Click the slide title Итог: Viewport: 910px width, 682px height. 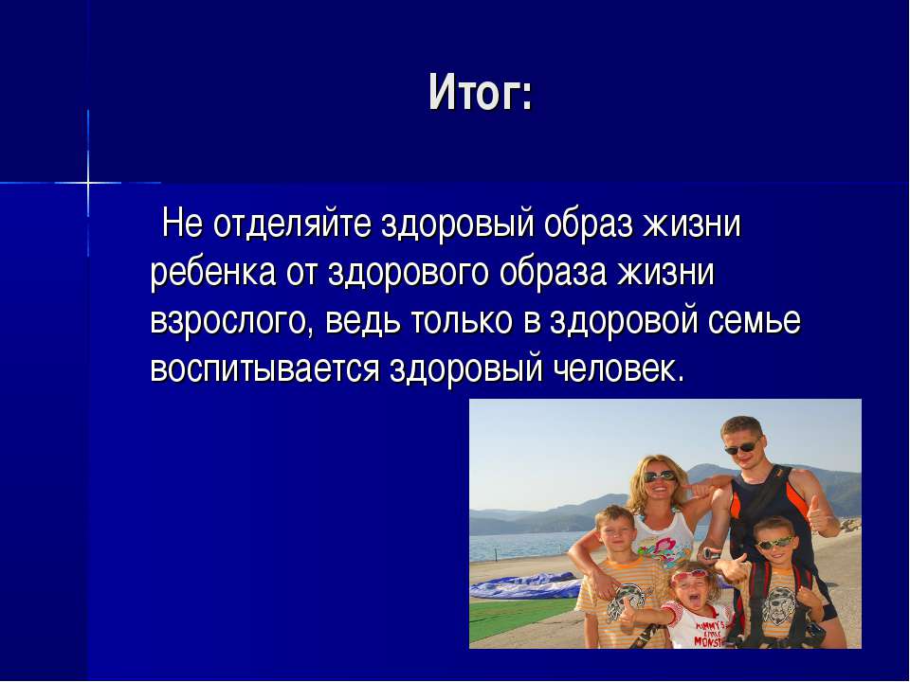[x=480, y=93]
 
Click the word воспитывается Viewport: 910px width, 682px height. [x=264, y=368]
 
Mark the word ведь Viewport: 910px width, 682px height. [x=363, y=321]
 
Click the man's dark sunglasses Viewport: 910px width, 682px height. [x=742, y=446]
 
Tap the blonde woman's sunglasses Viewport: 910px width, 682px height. [x=660, y=476]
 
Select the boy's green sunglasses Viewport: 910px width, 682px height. [x=773, y=544]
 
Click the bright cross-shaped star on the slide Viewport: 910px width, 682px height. [x=88, y=183]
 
